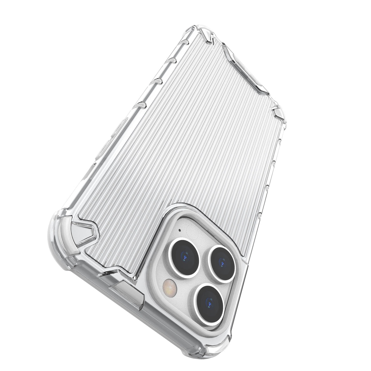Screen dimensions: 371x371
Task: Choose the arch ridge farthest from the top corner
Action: [x=145, y=104]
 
